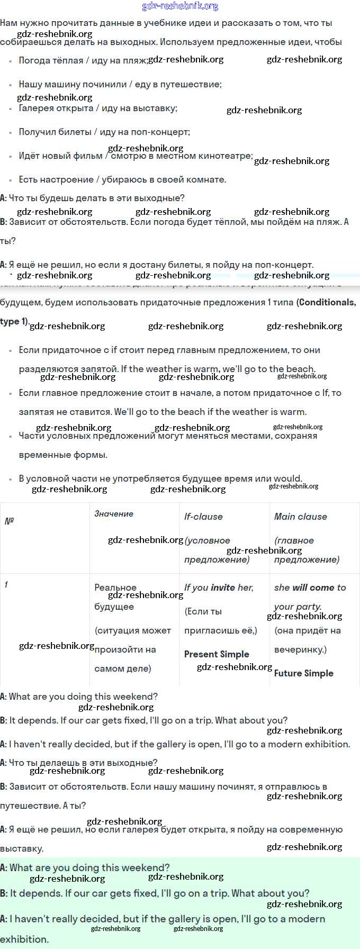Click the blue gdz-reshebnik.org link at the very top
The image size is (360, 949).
pos(180,6)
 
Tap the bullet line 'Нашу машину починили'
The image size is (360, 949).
pos(120,84)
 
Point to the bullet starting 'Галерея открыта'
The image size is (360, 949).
pos(97,108)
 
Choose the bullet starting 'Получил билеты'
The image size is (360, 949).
pos(104,132)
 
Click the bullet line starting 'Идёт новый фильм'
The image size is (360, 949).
pos(136,156)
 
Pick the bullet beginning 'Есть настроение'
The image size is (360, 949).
pos(122,179)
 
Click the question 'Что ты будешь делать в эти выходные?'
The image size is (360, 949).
pos(96,198)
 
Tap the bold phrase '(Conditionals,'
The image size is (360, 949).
pos(326,302)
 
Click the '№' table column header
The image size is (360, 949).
pos(9,521)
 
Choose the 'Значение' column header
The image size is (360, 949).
pos(114,513)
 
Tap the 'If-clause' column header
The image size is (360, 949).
pos(203,517)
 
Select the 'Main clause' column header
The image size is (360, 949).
pos(300,517)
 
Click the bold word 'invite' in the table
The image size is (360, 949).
pos(223,588)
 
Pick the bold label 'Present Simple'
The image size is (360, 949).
pos(217,654)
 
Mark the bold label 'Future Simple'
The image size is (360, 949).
pos(304,673)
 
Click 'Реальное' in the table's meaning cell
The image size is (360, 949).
pos(115,588)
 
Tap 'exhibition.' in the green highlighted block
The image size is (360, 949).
pos(24,939)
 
